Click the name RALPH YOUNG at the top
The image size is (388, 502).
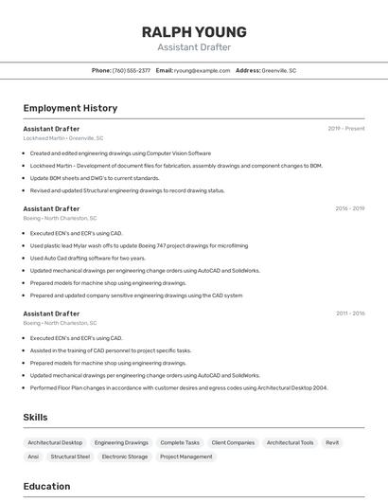tap(194, 31)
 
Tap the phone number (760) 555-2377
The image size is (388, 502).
tap(132, 70)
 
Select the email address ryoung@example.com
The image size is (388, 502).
tap(202, 70)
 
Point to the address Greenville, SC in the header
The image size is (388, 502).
tap(279, 70)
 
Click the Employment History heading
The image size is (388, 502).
tap(70, 108)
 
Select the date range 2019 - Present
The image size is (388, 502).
tap(346, 128)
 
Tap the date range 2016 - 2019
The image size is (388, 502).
tap(349, 208)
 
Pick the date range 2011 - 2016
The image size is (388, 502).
tap(349, 313)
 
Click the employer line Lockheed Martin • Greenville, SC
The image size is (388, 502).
tap(63, 138)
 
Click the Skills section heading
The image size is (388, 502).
tap(35, 417)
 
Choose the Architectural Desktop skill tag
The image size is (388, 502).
tap(55, 442)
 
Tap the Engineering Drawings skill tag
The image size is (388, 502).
tap(121, 442)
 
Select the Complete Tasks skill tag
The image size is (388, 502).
tap(180, 442)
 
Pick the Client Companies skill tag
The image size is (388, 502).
tap(233, 442)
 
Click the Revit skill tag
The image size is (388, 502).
tap(332, 442)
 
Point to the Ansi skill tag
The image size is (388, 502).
tap(33, 457)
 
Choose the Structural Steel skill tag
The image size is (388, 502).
tap(70, 457)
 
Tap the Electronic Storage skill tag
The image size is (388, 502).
tap(125, 457)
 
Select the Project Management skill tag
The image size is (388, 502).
tap(186, 457)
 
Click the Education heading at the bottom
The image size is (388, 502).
tap(46, 486)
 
